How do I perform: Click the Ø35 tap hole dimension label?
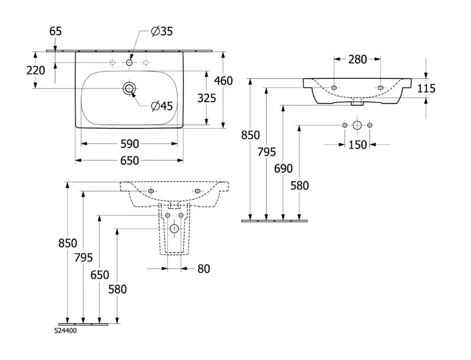pyautogui.click(x=162, y=31)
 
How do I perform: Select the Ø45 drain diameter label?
pyautogui.click(x=162, y=106)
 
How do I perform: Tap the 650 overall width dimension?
pyautogui.click(x=130, y=161)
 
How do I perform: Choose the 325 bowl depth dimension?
pyautogui.click(x=206, y=98)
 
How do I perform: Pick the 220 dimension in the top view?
pyautogui.click(x=36, y=71)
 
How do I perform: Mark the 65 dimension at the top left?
pyautogui.click(x=55, y=31)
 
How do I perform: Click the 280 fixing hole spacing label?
pyautogui.click(x=357, y=59)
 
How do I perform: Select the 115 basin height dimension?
pyautogui.click(x=426, y=88)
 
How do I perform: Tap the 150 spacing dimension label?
pyautogui.click(x=357, y=145)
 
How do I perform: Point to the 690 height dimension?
pyautogui.click(x=283, y=169)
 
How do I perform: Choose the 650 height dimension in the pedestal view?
pyautogui.click(x=99, y=275)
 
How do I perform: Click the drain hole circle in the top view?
pyautogui.click(x=130, y=87)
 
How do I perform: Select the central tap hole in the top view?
pyautogui.click(x=130, y=62)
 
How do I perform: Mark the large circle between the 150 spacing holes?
pyautogui.click(x=357, y=125)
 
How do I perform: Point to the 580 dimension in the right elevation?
pyautogui.click(x=299, y=185)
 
